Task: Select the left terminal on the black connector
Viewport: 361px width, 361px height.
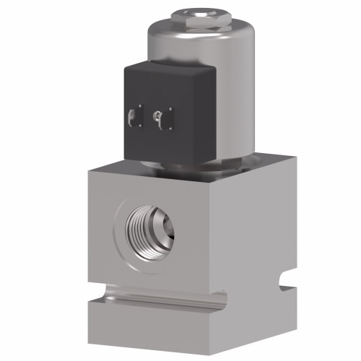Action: click(133, 116)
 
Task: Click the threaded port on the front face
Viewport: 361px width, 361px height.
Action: click(148, 230)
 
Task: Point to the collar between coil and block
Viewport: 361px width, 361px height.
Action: click(191, 168)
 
